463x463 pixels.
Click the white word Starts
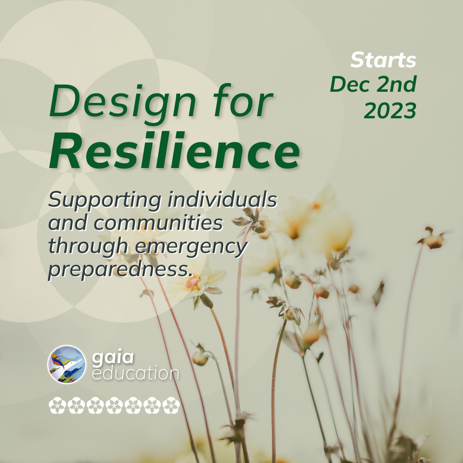pyautogui.click(x=383, y=60)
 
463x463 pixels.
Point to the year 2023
pyautogui.click(x=390, y=111)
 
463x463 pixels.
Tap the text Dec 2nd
pyautogui.click(x=373, y=85)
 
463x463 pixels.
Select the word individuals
pyautogui.click(x=228, y=200)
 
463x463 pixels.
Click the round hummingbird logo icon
pyautogui.click(x=66, y=364)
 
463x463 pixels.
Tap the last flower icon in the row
pyautogui.click(x=171, y=406)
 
